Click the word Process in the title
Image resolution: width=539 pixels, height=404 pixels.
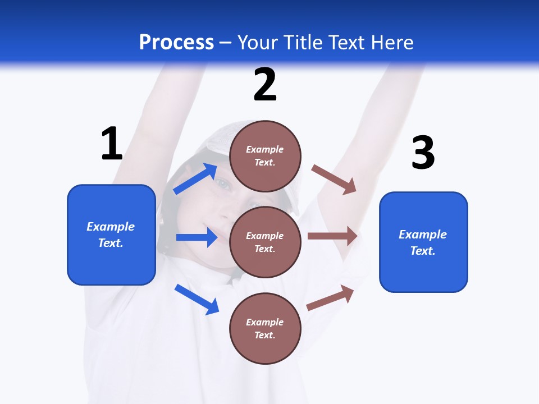176,43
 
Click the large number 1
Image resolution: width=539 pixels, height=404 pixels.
112,144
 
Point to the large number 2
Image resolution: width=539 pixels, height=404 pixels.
265,85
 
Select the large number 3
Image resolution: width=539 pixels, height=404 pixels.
423,153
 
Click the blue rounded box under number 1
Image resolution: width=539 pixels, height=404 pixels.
111,235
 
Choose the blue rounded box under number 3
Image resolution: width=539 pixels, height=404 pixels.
423,242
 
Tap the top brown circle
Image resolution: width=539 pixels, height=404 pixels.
265,155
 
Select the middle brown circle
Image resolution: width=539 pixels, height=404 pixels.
265,242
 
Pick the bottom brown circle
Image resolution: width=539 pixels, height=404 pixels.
265,328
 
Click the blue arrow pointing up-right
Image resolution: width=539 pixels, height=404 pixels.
195,179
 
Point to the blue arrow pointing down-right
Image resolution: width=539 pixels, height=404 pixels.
197,299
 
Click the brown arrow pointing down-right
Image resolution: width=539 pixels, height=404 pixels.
334,180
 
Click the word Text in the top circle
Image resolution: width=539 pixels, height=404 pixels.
264,163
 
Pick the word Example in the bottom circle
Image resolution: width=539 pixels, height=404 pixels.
265,322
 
